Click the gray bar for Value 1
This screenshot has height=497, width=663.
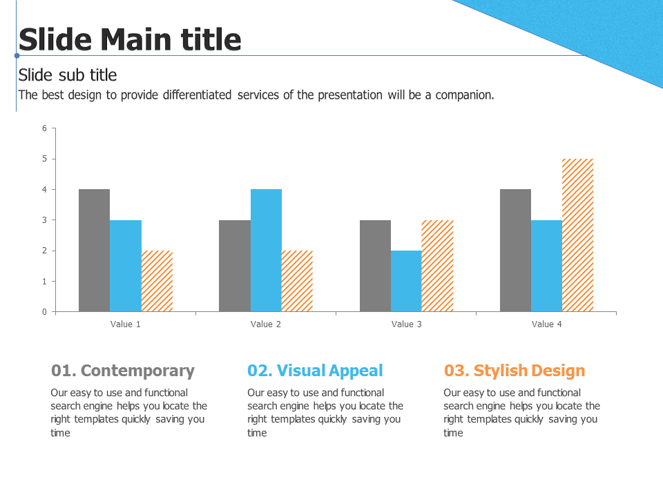pyautogui.click(x=95, y=250)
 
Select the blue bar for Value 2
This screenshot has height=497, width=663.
pyautogui.click(x=266, y=250)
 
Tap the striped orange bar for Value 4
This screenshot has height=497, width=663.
pyautogui.click(x=577, y=235)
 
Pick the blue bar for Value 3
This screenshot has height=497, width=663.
pyautogui.click(x=406, y=281)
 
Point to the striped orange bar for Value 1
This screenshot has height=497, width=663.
pyautogui.click(x=157, y=281)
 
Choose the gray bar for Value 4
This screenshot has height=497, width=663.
pyautogui.click(x=515, y=250)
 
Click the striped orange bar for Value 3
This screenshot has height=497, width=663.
pyautogui.click(x=437, y=266)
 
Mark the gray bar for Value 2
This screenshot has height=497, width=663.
pyautogui.click(x=235, y=266)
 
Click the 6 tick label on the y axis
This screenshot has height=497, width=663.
pyautogui.click(x=44, y=128)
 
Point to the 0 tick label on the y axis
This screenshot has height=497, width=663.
pyautogui.click(x=44, y=312)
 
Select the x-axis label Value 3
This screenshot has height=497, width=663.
pyautogui.click(x=406, y=324)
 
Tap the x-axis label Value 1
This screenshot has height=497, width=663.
pyautogui.click(x=125, y=324)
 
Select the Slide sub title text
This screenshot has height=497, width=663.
pyautogui.click(x=68, y=75)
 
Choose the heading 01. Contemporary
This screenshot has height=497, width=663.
pyautogui.click(x=123, y=371)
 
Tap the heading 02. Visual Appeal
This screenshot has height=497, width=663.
pyautogui.click(x=315, y=371)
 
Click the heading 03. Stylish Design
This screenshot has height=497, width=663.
pyautogui.click(x=514, y=371)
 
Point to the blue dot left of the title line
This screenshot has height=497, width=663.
pyautogui.click(x=17, y=55)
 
